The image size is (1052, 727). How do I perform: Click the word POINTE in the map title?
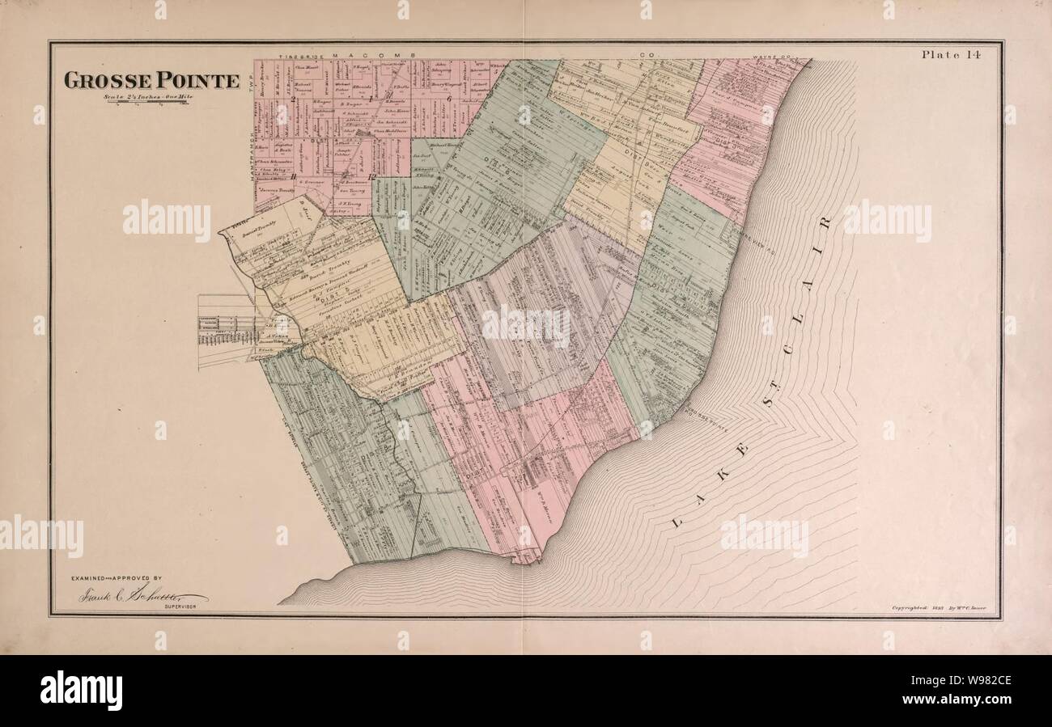point(198,81)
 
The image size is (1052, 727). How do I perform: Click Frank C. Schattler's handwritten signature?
point(142,596)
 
